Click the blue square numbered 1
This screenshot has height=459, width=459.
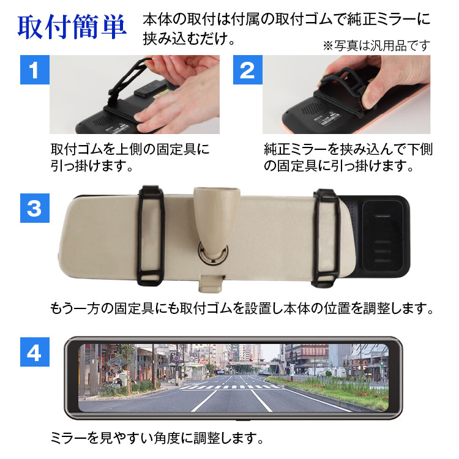pyautogui.click(x=34, y=70)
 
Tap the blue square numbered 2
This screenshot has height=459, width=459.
pyautogui.click(x=248, y=70)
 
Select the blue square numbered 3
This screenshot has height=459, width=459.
pyautogui.click(x=34, y=208)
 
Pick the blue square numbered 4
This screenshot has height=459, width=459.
pyautogui.click(x=34, y=351)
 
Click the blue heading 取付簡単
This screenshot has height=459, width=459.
pyautogui.click(x=72, y=27)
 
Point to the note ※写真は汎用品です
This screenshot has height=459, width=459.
pyautogui.click(x=376, y=46)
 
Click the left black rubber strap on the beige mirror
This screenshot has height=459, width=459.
pyautogui.click(x=151, y=236)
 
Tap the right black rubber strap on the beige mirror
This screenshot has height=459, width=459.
pyautogui.click(x=326, y=237)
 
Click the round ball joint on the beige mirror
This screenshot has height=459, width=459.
pyautogui.click(x=213, y=252)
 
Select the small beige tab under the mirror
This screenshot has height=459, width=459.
pyautogui.click(x=211, y=283)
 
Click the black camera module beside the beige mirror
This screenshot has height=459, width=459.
pyautogui.click(x=382, y=236)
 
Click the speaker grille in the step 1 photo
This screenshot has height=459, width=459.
pyautogui.click(x=103, y=120)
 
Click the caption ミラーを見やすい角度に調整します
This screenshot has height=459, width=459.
pyautogui.click(x=157, y=438)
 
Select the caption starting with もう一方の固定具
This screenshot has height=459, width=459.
pyautogui.click(x=242, y=308)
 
